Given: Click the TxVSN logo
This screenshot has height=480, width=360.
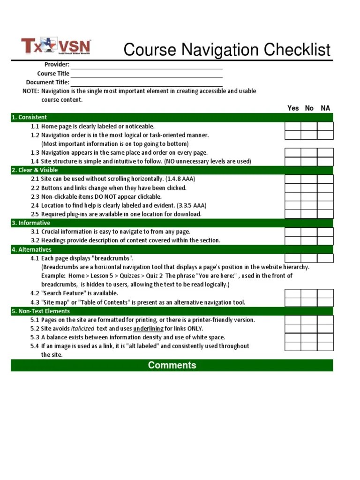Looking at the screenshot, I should [56, 47].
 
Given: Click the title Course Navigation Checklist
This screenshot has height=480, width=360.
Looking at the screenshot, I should [227, 50].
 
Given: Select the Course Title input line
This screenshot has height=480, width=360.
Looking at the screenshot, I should [146, 73].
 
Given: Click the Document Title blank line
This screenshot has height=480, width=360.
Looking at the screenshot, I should [146, 82].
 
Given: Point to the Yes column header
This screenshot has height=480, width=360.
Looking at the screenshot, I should [293, 108].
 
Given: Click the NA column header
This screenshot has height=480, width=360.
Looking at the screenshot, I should [325, 108].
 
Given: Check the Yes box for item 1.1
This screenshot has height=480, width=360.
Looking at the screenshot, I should [292, 126].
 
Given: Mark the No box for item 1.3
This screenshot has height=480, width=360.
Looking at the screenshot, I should [309, 153].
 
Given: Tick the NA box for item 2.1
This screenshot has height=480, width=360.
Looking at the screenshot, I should [325, 179].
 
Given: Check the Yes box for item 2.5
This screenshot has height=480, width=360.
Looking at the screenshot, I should [292, 214].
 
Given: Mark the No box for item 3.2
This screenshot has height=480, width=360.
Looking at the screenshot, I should [309, 240].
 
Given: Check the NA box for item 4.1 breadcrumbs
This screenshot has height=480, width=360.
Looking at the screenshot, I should [325, 258].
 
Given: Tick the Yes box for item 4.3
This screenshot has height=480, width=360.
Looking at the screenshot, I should [292, 302].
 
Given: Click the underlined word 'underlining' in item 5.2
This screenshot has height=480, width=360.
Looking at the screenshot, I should [148, 329].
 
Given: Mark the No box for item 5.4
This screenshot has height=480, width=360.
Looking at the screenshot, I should [309, 346].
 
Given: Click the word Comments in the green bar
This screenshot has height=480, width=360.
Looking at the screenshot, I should [172, 365].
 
